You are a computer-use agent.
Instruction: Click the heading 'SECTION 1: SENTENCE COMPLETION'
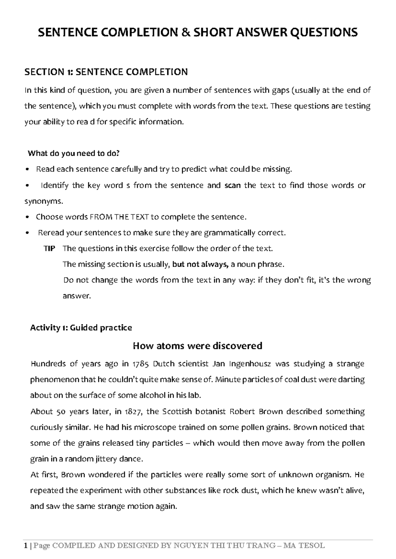[x=106, y=72]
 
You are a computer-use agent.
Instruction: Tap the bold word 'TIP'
[x=49, y=249]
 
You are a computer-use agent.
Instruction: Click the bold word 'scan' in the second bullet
[x=232, y=185]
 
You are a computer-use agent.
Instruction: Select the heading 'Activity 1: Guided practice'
[x=81, y=328]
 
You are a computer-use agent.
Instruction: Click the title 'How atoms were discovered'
[x=197, y=346]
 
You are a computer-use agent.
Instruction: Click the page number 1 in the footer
[x=26, y=545]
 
